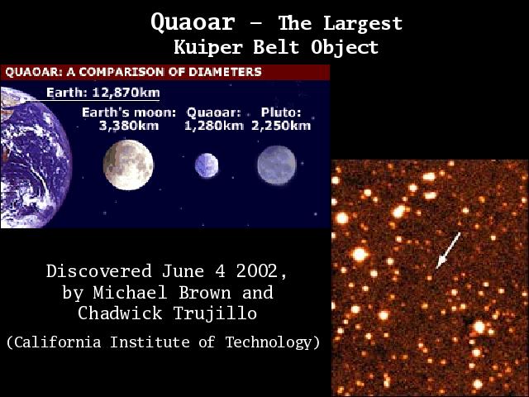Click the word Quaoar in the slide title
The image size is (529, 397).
tap(193, 23)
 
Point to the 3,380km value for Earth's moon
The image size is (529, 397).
tap(129, 126)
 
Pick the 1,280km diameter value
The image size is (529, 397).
tap(214, 126)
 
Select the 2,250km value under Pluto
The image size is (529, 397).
tap(281, 126)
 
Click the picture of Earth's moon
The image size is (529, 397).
tap(128, 165)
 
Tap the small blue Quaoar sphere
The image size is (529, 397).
tap(207, 165)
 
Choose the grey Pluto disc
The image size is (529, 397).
tap(277, 165)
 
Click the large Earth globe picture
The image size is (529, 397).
tap(36, 157)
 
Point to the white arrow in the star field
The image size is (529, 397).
tap(448, 250)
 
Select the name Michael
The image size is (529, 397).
tap(131, 292)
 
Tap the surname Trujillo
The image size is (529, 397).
tap(215, 313)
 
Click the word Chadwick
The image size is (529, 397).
tap(120, 313)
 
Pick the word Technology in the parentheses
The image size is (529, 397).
tap(269, 342)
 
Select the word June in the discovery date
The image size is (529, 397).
tap(183, 271)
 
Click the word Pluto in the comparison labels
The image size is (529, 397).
tap(281, 112)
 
